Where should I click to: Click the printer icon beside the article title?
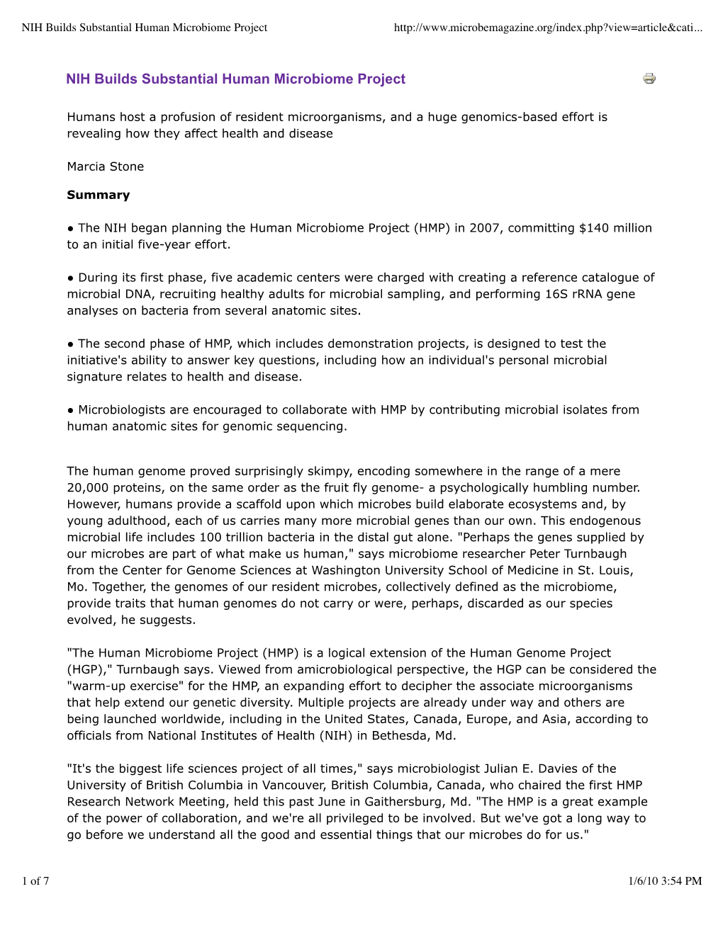649,79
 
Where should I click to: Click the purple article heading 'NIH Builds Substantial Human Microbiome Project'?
235,79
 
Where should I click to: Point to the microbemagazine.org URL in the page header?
547,28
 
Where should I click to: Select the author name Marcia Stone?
106,166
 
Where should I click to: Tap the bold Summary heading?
99,195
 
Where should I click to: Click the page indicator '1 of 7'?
35,881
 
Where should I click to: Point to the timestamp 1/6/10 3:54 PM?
664,881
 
